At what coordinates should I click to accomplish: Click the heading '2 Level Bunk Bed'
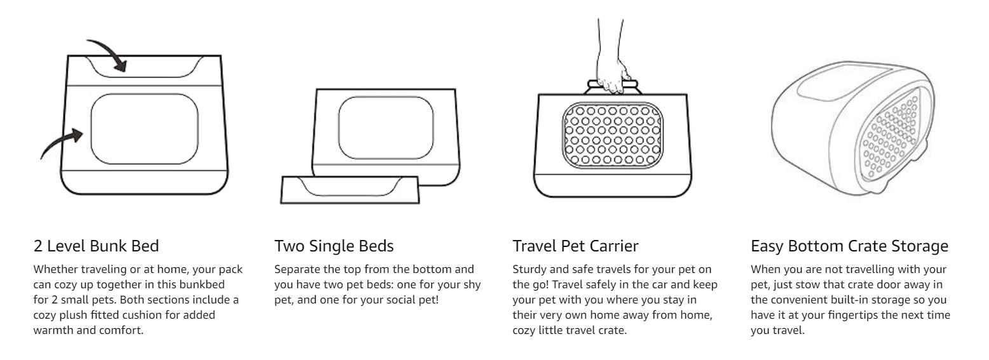97,246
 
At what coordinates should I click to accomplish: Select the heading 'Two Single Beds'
333,246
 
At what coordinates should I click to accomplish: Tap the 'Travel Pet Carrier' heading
575,246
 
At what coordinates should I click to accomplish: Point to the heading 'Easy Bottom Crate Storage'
849,246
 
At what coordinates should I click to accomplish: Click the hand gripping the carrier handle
611,57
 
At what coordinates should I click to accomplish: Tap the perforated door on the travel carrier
613,135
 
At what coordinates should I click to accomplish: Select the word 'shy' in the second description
471,285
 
